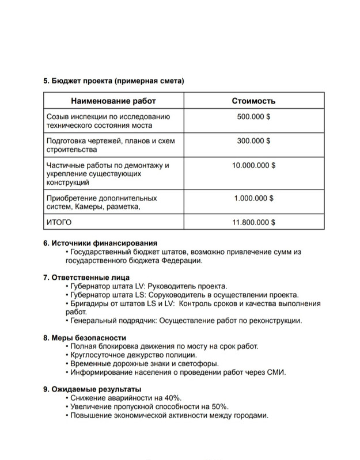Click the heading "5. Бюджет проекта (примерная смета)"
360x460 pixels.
[x=113, y=81]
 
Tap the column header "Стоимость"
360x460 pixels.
[x=253, y=101]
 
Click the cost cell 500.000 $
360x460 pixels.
[x=253, y=116]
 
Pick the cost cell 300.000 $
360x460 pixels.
[x=253, y=140]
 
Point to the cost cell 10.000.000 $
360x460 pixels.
[x=253, y=165]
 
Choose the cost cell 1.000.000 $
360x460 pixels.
[x=253, y=197]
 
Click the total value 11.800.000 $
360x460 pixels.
[x=253, y=221]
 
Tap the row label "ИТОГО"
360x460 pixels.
[x=58, y=221]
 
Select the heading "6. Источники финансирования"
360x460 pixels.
[x=100, y=243]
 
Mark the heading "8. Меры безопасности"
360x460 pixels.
[x=85, y=337]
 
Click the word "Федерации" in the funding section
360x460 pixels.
[x=183, y=261]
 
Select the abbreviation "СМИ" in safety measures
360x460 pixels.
[x=276, y=372]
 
